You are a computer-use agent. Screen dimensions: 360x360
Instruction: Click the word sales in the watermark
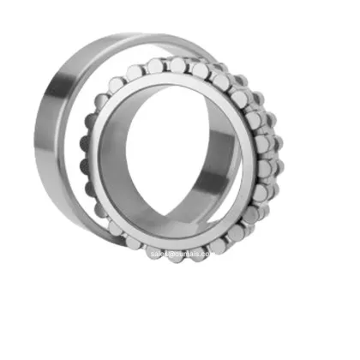pyautogui.click(x=159, y=255)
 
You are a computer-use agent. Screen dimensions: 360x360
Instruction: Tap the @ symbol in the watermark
pyautogui.click(x=172, y=255)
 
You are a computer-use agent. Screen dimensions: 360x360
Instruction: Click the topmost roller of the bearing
pyautogui.click(x=178, y=65)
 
